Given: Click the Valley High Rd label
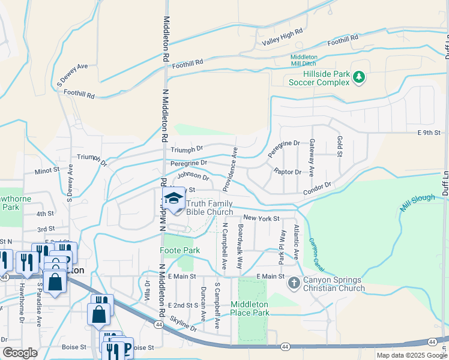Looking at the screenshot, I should coord(282,39).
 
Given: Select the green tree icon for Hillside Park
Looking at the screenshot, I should coord(359,77).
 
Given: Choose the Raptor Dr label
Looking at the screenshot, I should coord(287,172).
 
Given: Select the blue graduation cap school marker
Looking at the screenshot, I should coord(173,199).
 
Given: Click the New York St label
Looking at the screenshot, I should coord(261,218).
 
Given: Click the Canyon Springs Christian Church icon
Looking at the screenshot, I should coord(294,282).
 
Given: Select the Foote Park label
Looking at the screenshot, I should coord(179,250).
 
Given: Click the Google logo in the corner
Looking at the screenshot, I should coord(20,353).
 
